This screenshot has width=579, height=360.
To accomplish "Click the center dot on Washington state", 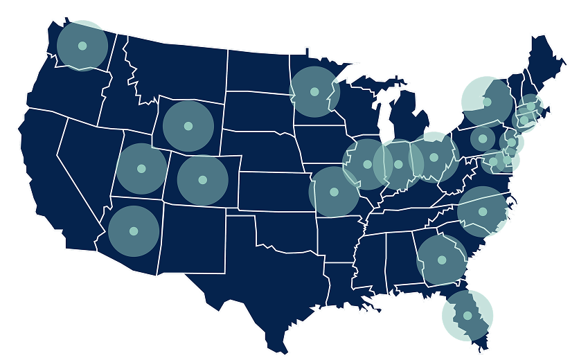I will pyautogui.click(x=82, y=46).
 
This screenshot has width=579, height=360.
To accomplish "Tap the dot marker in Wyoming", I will pyautogui.click(x=188, y=126).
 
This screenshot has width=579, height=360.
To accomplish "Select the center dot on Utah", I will pyautogui.click(x=141, y=168).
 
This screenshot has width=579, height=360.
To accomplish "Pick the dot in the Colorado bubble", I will pyautogui.click(x=202, y=179).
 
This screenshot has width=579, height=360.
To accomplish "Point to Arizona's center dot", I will pyautogui.click(x=134, y=231).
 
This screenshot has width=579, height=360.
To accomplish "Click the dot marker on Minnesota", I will pyautogui.click(x=314, y=91).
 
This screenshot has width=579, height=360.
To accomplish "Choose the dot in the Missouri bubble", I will pyautogui.click(x=334, y=192).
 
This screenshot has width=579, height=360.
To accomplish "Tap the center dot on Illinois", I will pyautogui.click(x=368, y=164).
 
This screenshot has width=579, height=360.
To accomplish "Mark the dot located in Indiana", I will pyautogui.click(x=398, y=164).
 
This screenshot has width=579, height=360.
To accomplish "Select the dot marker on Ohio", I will pyautogui.click(x=434, y=157).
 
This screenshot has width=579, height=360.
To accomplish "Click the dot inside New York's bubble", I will pyautogui.click(x=487, y=102).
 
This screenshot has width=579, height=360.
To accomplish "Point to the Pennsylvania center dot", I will pyautogui.click(x=482, y=138).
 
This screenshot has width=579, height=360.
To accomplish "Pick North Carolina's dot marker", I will pyautogui.click(x=483, y=211).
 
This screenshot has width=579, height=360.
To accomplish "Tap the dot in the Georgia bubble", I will pyautogui.click(x=441, y=260).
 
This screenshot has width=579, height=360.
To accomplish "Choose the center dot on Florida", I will pyautogui.click(x=467, y=316).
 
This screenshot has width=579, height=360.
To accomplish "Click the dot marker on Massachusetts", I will pyautogui.click(x=531, y=106).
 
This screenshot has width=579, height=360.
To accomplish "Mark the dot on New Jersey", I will pyautogui.click(x=511, y=143).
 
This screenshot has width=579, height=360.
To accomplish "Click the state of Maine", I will pyautogui.click(x=548, y=62).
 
